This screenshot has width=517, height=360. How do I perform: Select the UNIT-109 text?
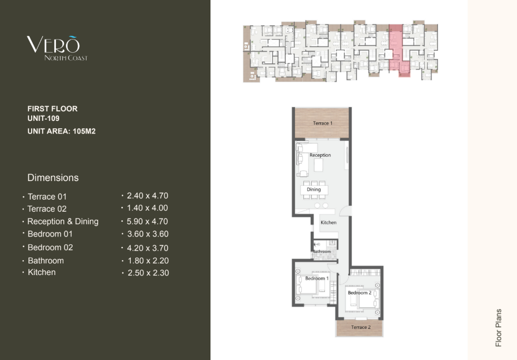[x=43, y=118]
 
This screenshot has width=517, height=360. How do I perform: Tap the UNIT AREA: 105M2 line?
[x=61, y=131]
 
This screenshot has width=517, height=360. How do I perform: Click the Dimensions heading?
[x=53, y=178]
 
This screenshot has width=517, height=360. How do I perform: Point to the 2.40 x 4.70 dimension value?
[x=147, y=196]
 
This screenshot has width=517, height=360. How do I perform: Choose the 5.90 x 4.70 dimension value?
[x=147, y=221]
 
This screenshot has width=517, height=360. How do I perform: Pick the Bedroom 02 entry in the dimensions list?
[x=50, y=248]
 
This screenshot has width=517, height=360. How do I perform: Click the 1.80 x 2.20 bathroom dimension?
[x=148, y=261]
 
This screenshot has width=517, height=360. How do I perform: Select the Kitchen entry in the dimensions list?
[x=42, y=272]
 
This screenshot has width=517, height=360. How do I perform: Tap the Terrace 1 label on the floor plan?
[x=322, y=123]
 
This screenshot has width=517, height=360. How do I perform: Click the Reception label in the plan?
[x=320, y=155]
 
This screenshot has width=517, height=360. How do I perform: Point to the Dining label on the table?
[x=313, y=190]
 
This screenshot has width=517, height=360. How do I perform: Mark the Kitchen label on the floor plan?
[x=328, y=222]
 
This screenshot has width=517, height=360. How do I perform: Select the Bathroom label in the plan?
[x=322, y=251]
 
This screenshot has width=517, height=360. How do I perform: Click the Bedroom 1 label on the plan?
[x=317, y=279]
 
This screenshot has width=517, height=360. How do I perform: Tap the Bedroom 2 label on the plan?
[x=359, y=292]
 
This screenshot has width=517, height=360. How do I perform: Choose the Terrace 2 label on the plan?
[x=361, y=327]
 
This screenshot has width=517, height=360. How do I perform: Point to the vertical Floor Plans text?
[x=498, y=328]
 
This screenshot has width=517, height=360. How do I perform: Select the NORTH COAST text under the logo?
[x=66, y=58]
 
